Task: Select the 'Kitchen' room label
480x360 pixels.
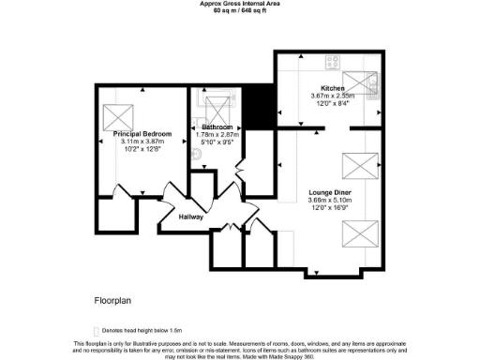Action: [x=333, y=87]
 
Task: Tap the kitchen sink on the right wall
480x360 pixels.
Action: [x=374, y=89]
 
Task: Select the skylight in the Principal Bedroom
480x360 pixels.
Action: [x=119, y=116]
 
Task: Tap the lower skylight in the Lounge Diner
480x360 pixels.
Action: [x=361, y=233]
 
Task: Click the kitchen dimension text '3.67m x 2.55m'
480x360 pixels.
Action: [x=333, y=95]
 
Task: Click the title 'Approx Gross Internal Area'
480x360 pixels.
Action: [x=239, y=4]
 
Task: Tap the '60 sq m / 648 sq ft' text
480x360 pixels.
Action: [x=239, y=10]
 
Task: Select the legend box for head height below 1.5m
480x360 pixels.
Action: [x=95, y=331]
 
